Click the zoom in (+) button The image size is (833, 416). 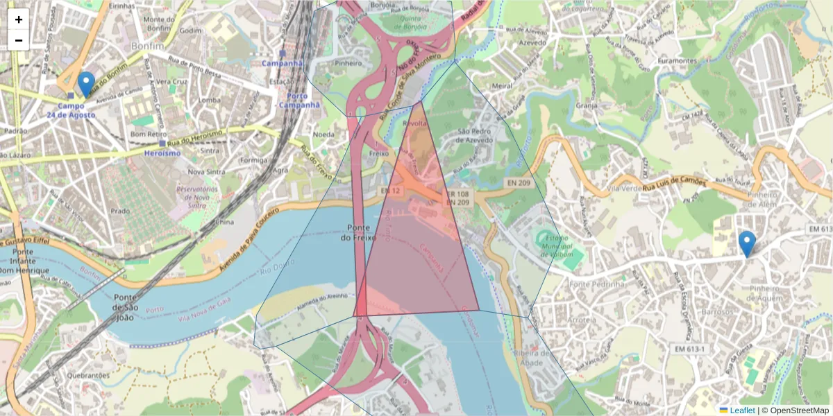pyautogui.click(x=19, y=19)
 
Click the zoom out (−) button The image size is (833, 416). pyautogui.click(x=19, y=40)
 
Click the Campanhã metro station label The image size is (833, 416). pyautogui.click(x=283, y=63)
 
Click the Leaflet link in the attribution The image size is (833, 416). pyautogui.click(x=741, y=410)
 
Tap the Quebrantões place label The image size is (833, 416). pyautogui.click(x=88, y=375)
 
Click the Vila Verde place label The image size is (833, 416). pyautogui.click(x=623, y=188)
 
